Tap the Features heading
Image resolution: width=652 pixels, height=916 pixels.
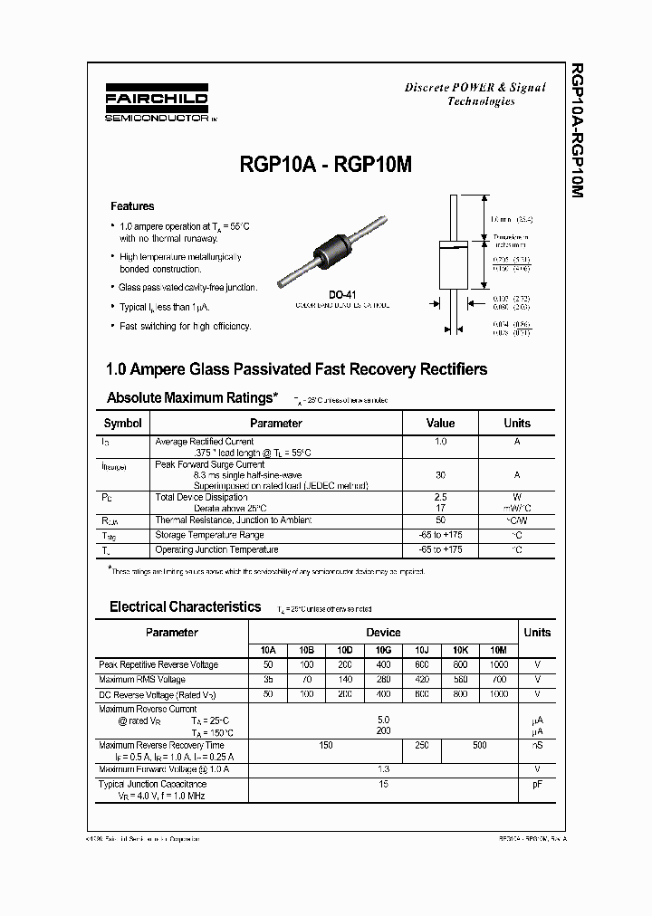pyautogui.click(x=132, y=206)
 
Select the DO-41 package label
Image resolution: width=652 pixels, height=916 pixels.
pyautogui.click(x=341, y=294)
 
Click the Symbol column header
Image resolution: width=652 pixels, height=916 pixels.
pyautogui.click(x=123, y=423)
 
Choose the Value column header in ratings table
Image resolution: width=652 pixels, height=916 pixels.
pyautogui.click(x=440, y=423)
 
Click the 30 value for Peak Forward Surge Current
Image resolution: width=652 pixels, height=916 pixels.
pyautogui.click(x=440, y=474)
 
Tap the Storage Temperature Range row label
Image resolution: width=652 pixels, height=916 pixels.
pyautogui.click(x=216, y=535)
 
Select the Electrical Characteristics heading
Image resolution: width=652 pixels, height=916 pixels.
pyautogui.click(x=185, y=607)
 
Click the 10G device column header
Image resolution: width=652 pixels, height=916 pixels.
pyautogui.click(x=384, y=650)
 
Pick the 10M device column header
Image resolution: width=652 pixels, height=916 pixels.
pyautogui.click(x=498, y=650)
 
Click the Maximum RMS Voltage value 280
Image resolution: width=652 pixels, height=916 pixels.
pyautogui.click(x=384, y=679)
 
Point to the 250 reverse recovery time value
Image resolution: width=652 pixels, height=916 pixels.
pyautogui.click(x=421, y=745)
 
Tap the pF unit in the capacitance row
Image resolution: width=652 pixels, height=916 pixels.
pyautogui.click(x=537, y=784)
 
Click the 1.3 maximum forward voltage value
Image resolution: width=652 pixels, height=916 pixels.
pyautogui.click(x=384, y=768)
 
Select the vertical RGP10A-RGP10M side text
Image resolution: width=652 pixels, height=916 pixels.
pyautogui.click(x=579, y=131)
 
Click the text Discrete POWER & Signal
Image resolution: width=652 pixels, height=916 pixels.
pyautogui.click(x=475, y=87)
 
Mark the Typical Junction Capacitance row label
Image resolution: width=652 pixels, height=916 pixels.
pyautogui.click(x=152, y=784)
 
